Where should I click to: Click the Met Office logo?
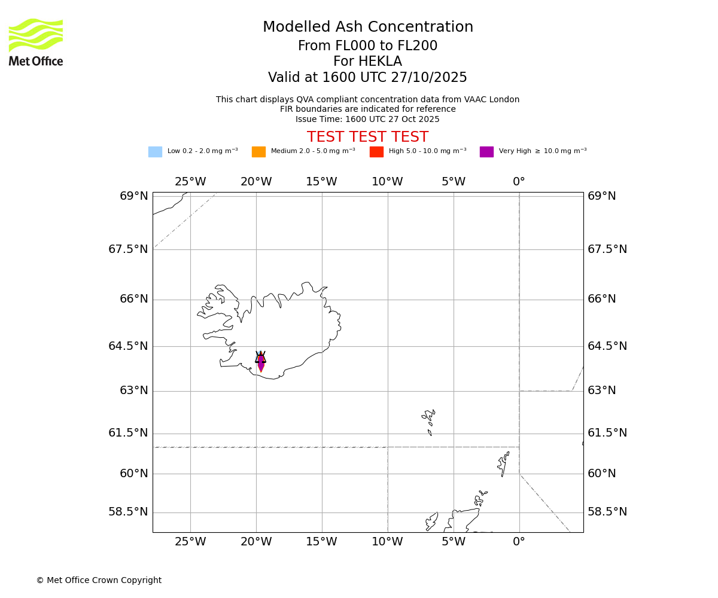pos(36,42)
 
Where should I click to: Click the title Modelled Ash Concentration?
pos(367,28)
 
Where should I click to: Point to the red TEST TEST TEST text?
pos(367,137)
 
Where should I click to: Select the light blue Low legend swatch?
pos(155,152)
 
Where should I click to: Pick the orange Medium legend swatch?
pos(258,152)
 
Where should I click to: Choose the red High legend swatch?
pos(376,152)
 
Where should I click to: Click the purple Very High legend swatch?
pos(486,152)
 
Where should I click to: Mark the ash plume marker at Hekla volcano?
pos(261,361)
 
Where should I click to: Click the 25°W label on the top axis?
pos(190,182)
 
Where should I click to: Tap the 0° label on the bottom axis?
pos(519,542)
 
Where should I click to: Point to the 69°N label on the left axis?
pos(133,196)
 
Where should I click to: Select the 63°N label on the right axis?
pos(601,390)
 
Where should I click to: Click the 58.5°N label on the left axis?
pos(128,512)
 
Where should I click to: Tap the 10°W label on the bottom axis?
pos(387,542)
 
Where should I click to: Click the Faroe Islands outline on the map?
pos(429,420)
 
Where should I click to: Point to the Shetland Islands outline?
pos(503,463)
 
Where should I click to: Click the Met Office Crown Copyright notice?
pos(99,580)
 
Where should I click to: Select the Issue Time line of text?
pos(367,119)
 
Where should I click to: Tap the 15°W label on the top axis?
pos(321,182)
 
